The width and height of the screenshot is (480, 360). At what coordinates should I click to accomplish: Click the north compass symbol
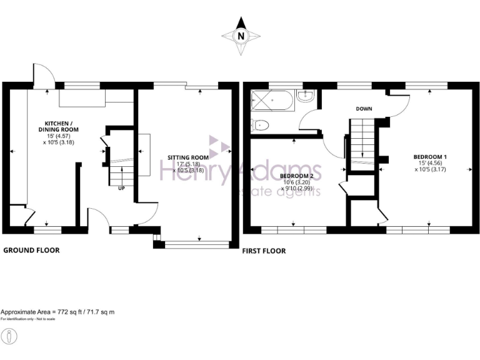[240, 36]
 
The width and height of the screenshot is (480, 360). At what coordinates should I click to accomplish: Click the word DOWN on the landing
[364, 109]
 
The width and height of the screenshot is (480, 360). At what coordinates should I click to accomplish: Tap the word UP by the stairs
[122, 187]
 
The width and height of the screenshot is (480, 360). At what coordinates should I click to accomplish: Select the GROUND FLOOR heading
[32, 250]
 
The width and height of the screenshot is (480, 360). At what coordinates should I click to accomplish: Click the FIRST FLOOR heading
[264, 251]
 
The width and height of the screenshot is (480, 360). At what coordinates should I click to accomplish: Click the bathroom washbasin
[306, 96]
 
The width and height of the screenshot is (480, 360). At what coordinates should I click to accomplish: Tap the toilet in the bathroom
[259, 124]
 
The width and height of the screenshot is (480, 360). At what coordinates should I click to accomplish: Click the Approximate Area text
[57, 311]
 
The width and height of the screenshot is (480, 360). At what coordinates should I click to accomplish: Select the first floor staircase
[361, 141]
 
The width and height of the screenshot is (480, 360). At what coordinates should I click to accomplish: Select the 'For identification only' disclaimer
[28, 319]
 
